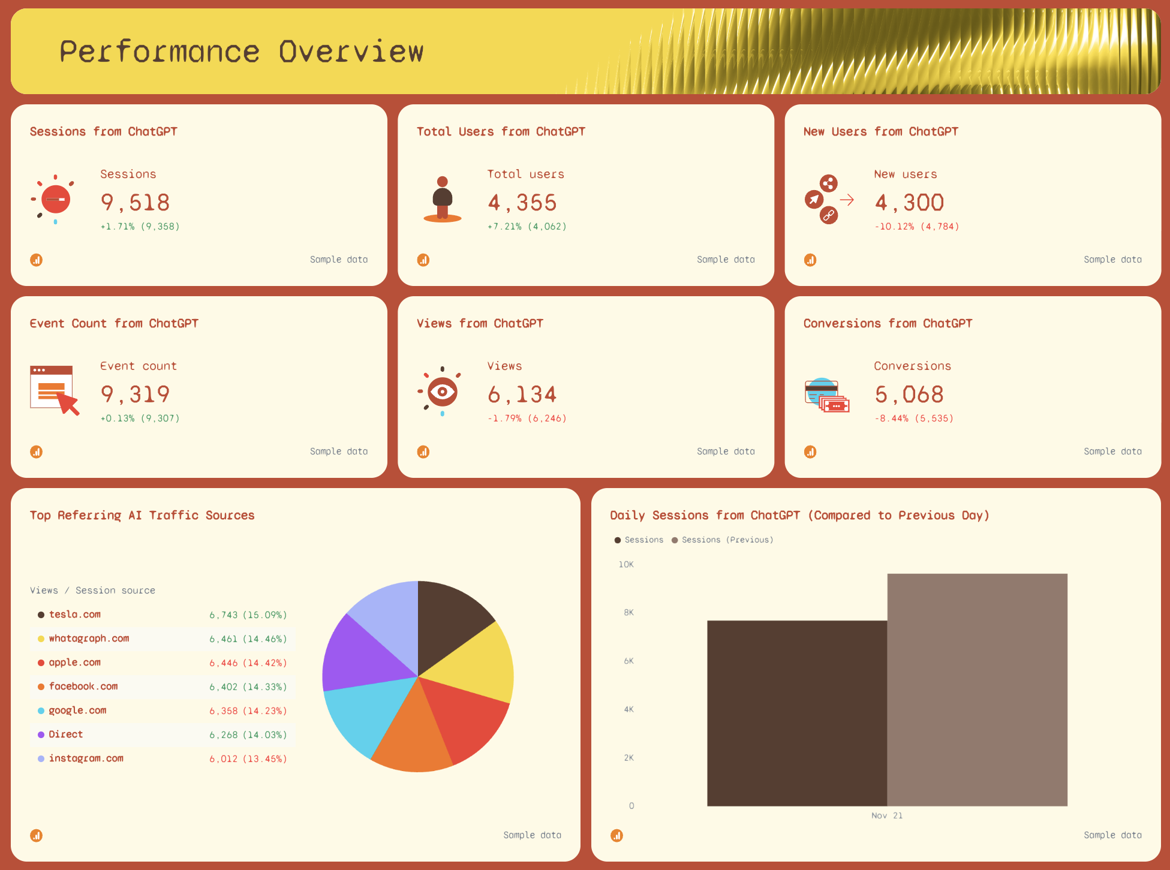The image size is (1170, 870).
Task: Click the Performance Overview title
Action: [241, 52]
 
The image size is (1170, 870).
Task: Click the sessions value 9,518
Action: [135, 203]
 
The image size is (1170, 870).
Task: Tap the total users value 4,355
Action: [522, 203]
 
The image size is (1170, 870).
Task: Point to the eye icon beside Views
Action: [442, 392]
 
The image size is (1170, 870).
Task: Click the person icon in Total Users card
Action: [443, 200]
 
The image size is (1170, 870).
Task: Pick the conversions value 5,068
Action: [909, 395]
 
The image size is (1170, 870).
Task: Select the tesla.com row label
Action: [74, 615]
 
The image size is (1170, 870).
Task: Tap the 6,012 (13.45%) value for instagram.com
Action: [248, 759]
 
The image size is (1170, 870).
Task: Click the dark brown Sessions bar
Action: [796, 714]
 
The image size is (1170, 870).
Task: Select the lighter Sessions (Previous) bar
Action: [977, 690]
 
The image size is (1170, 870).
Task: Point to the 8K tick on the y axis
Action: [628, 613]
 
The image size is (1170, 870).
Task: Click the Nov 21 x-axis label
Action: [886, 815]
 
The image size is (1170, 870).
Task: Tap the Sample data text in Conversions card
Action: [1112, 451]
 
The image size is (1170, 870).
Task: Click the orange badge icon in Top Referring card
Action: [37, 835]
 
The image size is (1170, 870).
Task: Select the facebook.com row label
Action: [83, 687]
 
